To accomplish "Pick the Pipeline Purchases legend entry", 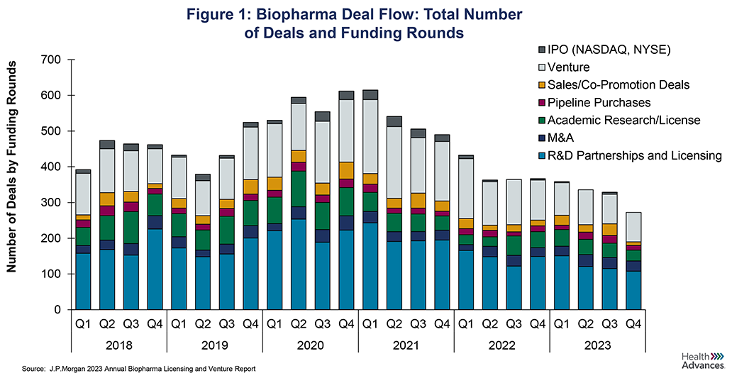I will click(600, 102).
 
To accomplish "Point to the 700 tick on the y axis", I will click(52, 60).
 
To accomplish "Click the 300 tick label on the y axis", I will click(52, 203).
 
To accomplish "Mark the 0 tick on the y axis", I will click(60, 310).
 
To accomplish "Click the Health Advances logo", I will click(702, 360).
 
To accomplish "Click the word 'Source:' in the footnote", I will click(33, 369).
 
